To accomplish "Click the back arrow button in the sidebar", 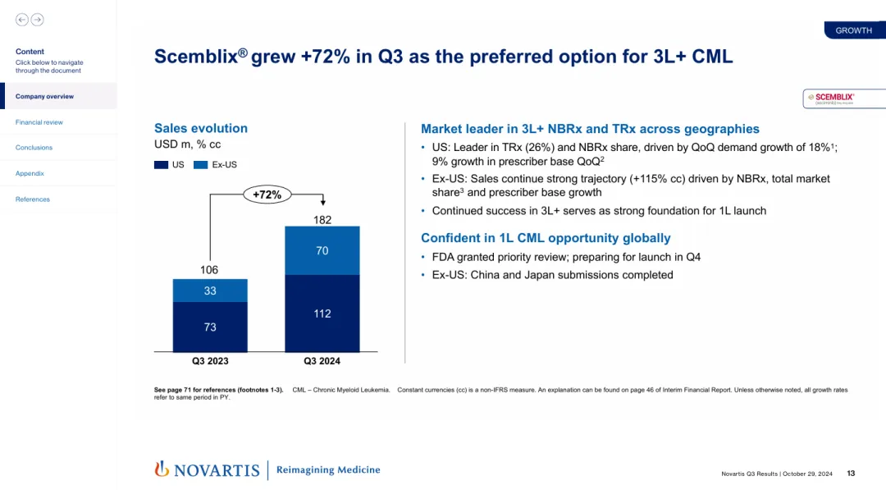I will pyautogui.click(x=22, y=20).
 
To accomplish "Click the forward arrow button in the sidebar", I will pyautogui.click(x=37, y=20).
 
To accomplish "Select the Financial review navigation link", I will pyautogui.click(x=39, y=122).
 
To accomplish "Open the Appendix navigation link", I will pyautogui.click(x=30, y=173).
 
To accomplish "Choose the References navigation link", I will pyautogui.click(x=33, y=199).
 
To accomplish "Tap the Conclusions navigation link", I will pyautogui.click(x=34, y=148).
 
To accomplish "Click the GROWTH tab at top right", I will pyautogui.click(x=853, y=30).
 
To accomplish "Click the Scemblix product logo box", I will pyautogui.click(x=843, y=98).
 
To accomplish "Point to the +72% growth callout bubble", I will pyautogui.click(x=267, y=195).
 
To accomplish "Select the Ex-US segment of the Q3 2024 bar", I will pyautogui.click(x=322, y=250).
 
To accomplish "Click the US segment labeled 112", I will pyautogui.click(x=322, y=314).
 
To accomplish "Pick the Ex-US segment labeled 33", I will pyautogui.click(x=210, y=291).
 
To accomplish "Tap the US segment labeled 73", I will pyautogui.click(x=210, y=327).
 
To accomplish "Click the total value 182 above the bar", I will pyautogui.click(x=322, y=219).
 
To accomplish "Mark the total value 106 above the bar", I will pyautogui.click(x=210, y=270).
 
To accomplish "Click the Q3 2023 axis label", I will pyautogui.click(x=210, y=361).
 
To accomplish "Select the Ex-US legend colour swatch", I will pyautogui.click(x=201, y=165).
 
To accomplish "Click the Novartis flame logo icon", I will pyautogui.click(x=162, y=469).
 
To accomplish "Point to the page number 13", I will pyautogui.click(x=851, y=473).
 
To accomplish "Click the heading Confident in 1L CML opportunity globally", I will pyautogui.click(x=546, y=238).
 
